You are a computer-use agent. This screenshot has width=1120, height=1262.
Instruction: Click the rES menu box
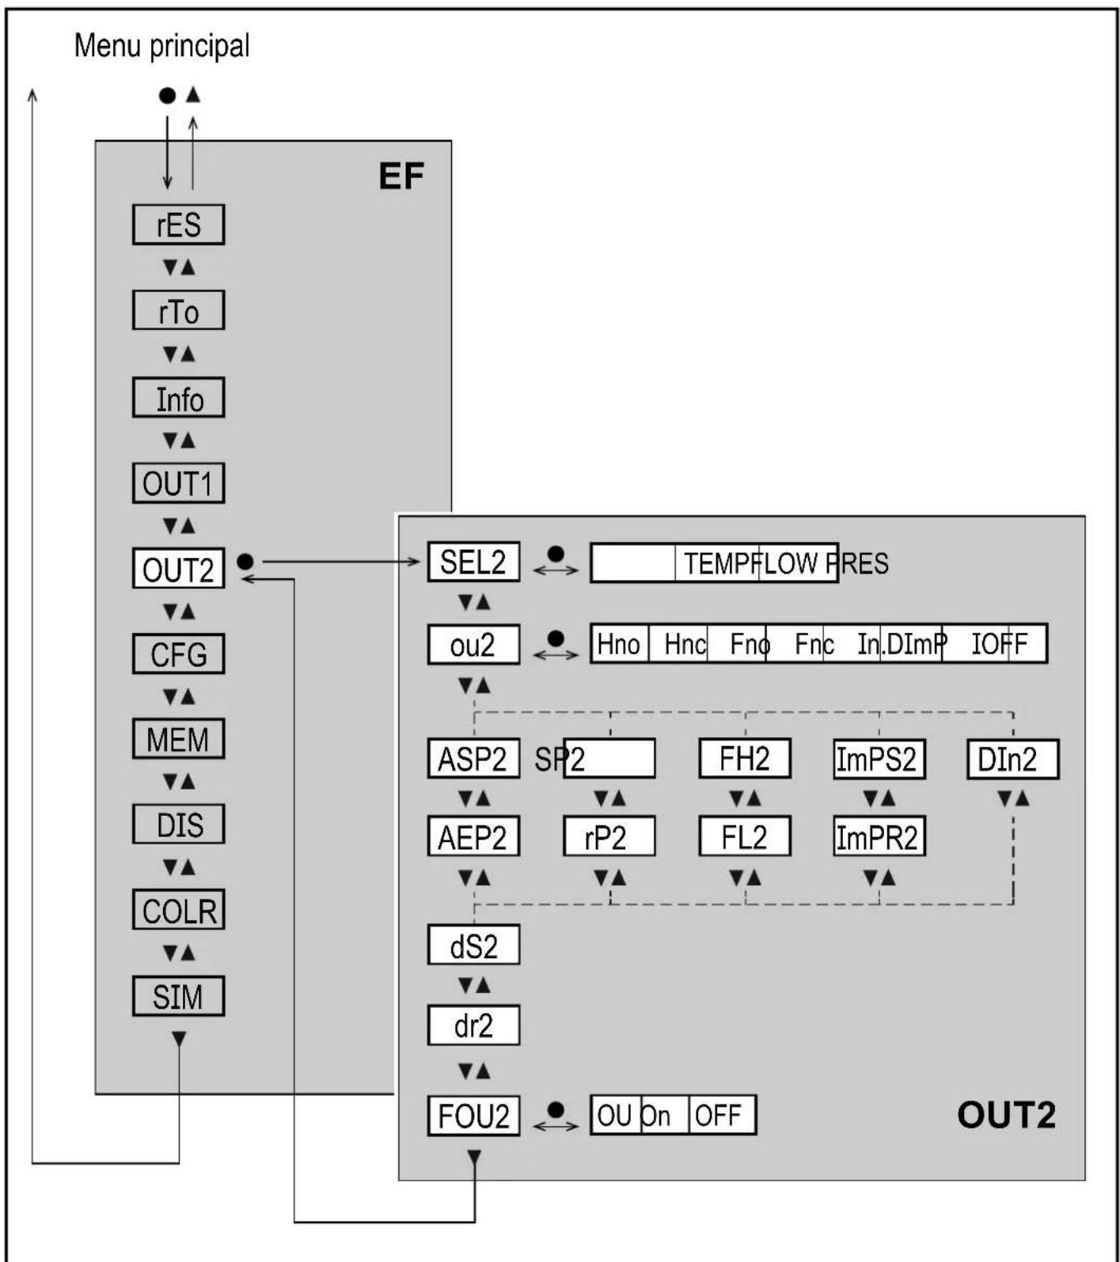point(178,225)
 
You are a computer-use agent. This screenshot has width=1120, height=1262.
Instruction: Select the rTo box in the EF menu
point(178,311)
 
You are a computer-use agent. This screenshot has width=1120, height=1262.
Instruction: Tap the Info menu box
point(178,398)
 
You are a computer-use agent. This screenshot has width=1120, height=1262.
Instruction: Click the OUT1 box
point(178,483)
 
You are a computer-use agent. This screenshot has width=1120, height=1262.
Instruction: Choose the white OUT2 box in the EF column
point(178,569)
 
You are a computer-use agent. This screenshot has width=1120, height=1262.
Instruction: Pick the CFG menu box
point(178,654)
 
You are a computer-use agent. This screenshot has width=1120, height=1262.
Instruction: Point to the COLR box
point(178,911)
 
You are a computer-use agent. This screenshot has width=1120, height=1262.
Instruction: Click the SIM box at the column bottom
point(178,997)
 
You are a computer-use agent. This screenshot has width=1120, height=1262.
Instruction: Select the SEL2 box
point(473,563)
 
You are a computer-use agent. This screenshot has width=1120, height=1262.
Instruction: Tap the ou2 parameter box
point(473,645)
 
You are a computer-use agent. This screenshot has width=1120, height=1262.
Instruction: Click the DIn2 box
point(1012,760)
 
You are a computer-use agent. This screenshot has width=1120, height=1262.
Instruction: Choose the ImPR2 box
point(879,837)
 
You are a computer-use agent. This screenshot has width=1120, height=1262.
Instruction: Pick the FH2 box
point(744,760)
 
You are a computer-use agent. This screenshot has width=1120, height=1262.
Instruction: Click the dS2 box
point(473,946)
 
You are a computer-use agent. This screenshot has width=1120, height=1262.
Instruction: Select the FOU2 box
point(473,1116)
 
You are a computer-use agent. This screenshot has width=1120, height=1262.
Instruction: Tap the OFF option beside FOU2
point(719,1116)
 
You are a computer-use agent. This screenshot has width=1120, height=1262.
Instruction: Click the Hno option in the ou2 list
point(619,645)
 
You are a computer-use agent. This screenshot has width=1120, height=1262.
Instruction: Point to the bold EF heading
point(401,176)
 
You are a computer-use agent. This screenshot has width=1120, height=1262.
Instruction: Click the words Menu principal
point(161,46)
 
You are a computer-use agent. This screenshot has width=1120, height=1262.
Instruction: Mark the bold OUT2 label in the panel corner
point(1005,1116)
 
